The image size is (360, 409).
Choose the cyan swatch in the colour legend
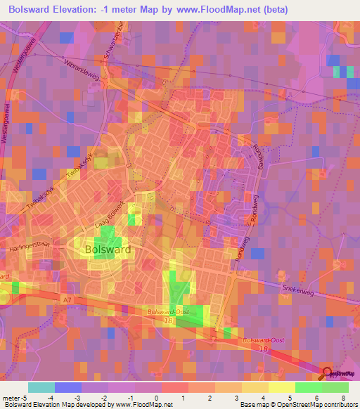point(41,387)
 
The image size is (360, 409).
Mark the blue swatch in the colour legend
point(68,387)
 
